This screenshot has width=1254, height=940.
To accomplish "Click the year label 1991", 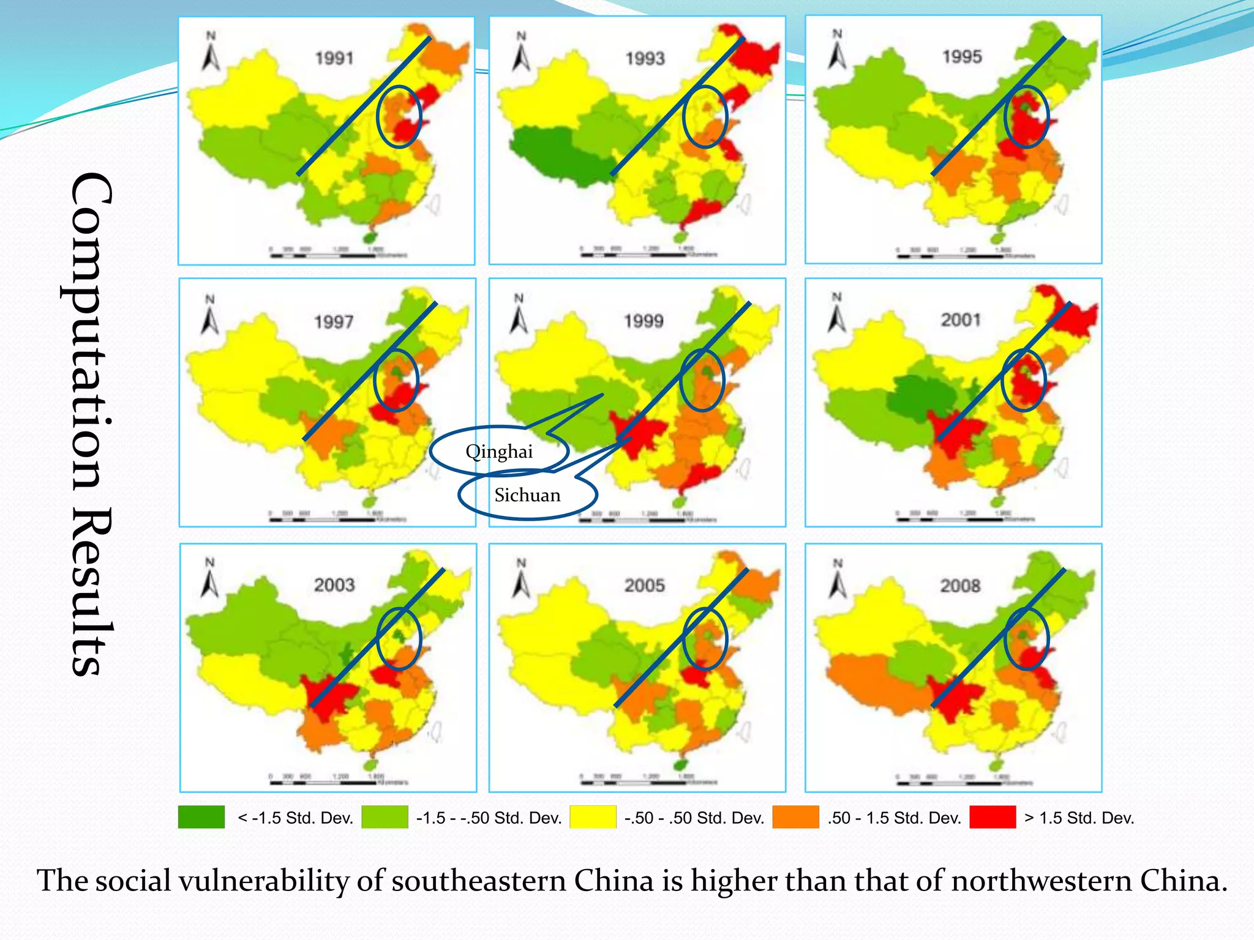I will click(334, 58).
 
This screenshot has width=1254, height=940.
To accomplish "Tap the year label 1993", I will click(645, 58).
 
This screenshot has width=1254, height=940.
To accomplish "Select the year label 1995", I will click(962, 56).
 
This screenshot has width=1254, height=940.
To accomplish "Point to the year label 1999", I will click(644, 321).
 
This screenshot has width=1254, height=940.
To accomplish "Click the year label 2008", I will click(960, 586).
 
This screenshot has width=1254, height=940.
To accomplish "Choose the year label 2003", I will click(334, 584).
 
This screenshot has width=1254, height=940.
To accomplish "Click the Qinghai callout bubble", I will click(499, 452).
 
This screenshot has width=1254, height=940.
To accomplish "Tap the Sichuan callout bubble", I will click(527, 495).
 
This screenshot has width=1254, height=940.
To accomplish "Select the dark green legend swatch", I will click(201, 817).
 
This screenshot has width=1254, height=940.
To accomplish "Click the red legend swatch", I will click(993, 817).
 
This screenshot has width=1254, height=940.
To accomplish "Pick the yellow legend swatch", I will click(593, 817).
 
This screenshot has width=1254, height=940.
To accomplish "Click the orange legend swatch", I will click(795, 817).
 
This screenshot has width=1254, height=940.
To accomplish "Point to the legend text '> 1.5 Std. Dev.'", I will click(1079, 818).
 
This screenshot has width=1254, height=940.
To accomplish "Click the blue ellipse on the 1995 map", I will click(1026, 116).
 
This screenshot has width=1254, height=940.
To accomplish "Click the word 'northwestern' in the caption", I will click(1042, 881).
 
